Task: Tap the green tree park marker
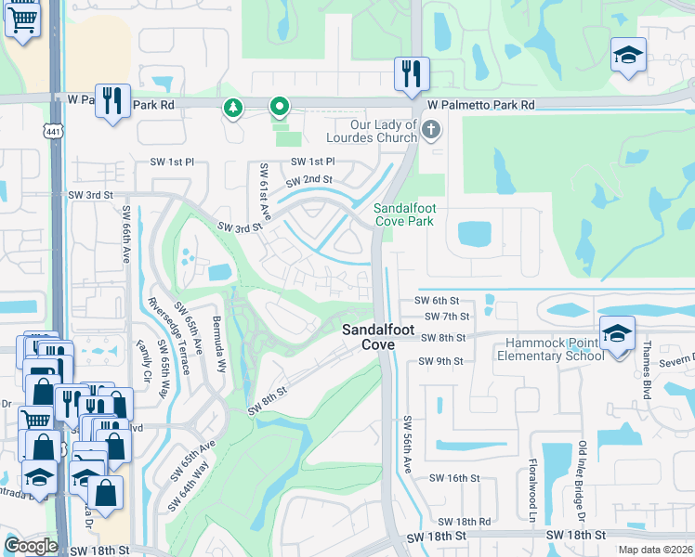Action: point(231,110)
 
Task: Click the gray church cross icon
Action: point(429,129)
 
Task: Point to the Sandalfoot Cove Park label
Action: point(404,215)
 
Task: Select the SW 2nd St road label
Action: point(309,180)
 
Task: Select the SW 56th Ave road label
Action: point(407,444)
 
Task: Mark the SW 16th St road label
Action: point(453,477)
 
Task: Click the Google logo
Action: point(31,545)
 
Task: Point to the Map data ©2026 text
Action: point(654,550)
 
